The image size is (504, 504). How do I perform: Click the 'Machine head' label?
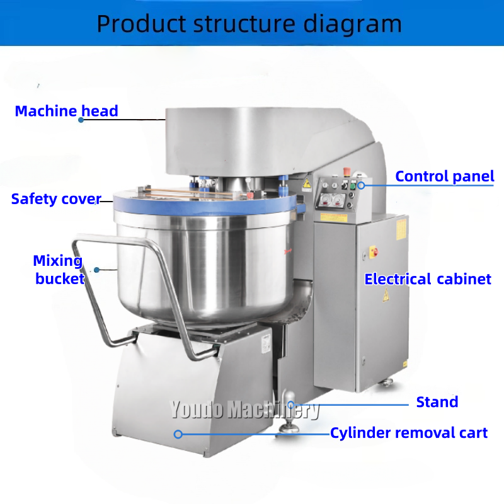(x=66, y=112)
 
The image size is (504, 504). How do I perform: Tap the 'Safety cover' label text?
(x=55, y=200)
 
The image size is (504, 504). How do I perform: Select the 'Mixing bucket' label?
(x=59, y=270)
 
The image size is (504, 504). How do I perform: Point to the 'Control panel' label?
(x=445, y=176)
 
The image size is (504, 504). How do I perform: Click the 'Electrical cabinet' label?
(x=428, y=278)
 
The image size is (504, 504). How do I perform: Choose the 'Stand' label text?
(x=437, y=402)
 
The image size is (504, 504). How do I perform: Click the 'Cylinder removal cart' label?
(x=409, y=433)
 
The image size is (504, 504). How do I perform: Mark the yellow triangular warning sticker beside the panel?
(x=307, y=183)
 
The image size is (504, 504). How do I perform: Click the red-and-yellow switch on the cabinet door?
(x=372, y=252)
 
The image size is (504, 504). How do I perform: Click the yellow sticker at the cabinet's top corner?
(x=401, y=228)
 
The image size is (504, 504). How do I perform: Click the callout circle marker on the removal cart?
(x=178, y=434)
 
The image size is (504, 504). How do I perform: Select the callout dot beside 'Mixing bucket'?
(x=97, y=270)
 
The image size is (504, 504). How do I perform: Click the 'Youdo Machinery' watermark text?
(x=244, y=411)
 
